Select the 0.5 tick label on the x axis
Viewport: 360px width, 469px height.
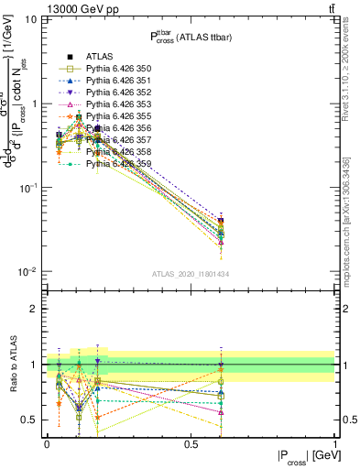[x=191, y=443]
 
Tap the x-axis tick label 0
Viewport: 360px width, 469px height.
[x=47, y=443]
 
